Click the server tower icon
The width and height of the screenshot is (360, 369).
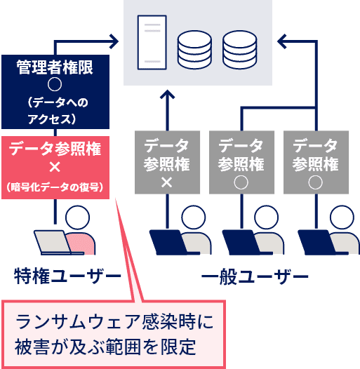[x=152, y=43]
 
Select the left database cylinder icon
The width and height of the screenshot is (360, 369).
[x=194, y=50]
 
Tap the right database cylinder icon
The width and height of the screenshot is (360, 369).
[x=240, y=50]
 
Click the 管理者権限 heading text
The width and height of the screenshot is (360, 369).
[x=55, y=67]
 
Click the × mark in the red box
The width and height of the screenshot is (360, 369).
[x=55, y=168]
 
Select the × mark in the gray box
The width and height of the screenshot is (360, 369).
[x=167, y=182]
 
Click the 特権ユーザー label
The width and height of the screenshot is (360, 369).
[x=67, y=276]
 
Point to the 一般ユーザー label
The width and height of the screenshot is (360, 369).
[x=255, y=276]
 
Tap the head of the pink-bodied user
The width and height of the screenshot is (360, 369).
[x=77, y=217]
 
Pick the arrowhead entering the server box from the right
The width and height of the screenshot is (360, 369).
[x=282, y=41]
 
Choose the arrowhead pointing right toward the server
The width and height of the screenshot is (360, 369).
[x=114, y=41]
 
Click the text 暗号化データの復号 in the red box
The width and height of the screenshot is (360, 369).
[x=55, y=187]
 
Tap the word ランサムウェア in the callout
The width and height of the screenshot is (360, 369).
[x=79, y=322]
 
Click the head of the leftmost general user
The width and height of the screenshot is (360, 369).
[x=194, y=217]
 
